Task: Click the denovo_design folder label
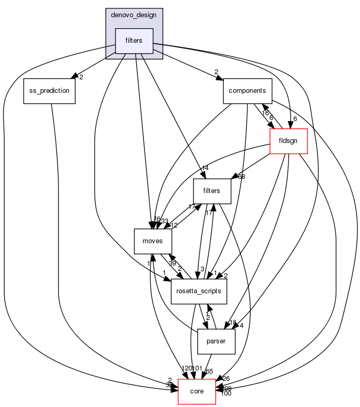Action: [x=134, y=15]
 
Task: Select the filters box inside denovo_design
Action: [x=134, y=41]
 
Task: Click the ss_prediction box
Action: [x=50, y=91]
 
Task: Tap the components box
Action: [x=248, y=91]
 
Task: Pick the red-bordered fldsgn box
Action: [x=288, y=141]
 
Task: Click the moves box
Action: [x=153, y=241]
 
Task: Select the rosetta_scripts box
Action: [x=199, y=291]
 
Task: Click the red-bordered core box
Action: [x=197, y=391]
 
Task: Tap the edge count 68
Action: [x=241, y=177]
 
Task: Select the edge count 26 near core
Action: [x=225, y=378]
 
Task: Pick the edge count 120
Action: [x=186, y=369]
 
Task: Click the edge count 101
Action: [x=197, y=369]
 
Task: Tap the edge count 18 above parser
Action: [x=232, y=322]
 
